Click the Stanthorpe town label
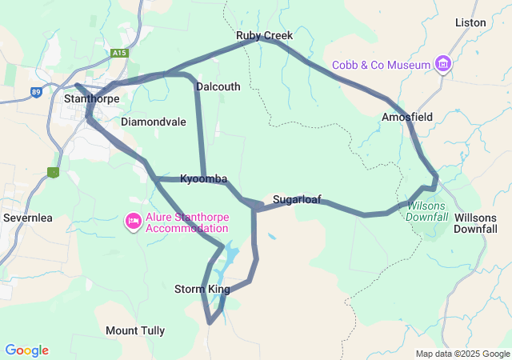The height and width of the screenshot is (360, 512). coord(91,99)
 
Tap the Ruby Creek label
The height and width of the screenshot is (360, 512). coord(264,36)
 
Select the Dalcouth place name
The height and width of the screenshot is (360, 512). coord(218,86)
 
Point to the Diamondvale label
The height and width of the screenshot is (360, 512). coord(154,122)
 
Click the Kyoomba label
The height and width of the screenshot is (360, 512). coord(204,178)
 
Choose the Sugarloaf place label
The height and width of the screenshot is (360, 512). coord(297,199)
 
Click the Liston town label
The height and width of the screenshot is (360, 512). coord(470,22)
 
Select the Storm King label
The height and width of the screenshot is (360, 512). coord(202,289)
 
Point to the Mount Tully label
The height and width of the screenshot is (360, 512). coord(135,330)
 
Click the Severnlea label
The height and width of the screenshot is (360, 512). coord(27,218)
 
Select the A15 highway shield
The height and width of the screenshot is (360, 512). coord(120,54)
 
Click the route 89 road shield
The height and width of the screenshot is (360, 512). coord(36,93)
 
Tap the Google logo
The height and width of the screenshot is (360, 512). coord(26,350)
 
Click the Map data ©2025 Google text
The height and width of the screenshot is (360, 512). coord(462,354)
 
